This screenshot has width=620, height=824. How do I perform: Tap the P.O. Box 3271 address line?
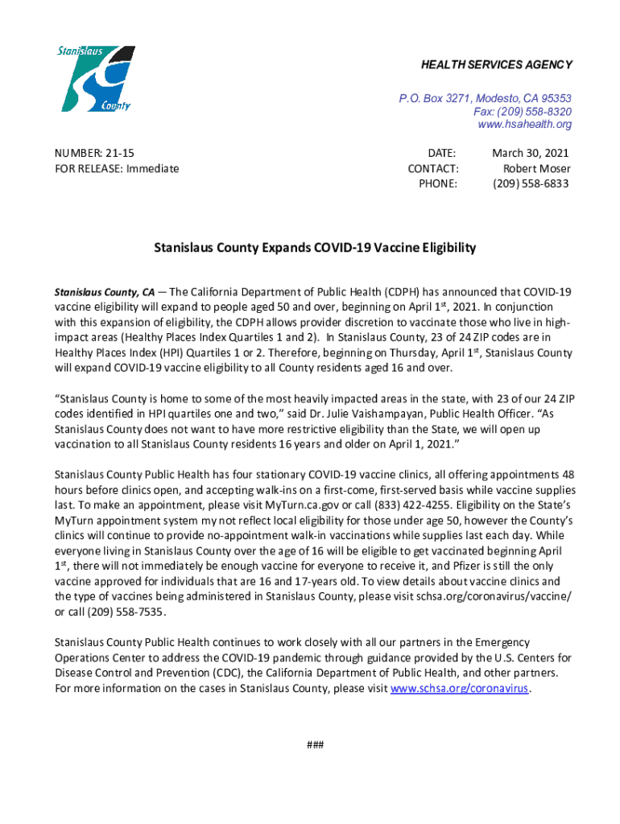click(x=486, y=98)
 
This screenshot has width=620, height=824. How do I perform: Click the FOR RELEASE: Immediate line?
click(x=117, y=168)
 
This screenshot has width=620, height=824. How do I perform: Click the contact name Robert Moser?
click(x=537, y=168)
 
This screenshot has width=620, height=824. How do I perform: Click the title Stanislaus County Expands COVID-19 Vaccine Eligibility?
click(x=315, y=248)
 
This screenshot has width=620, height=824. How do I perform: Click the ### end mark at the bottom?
click(x=315, y=744)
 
